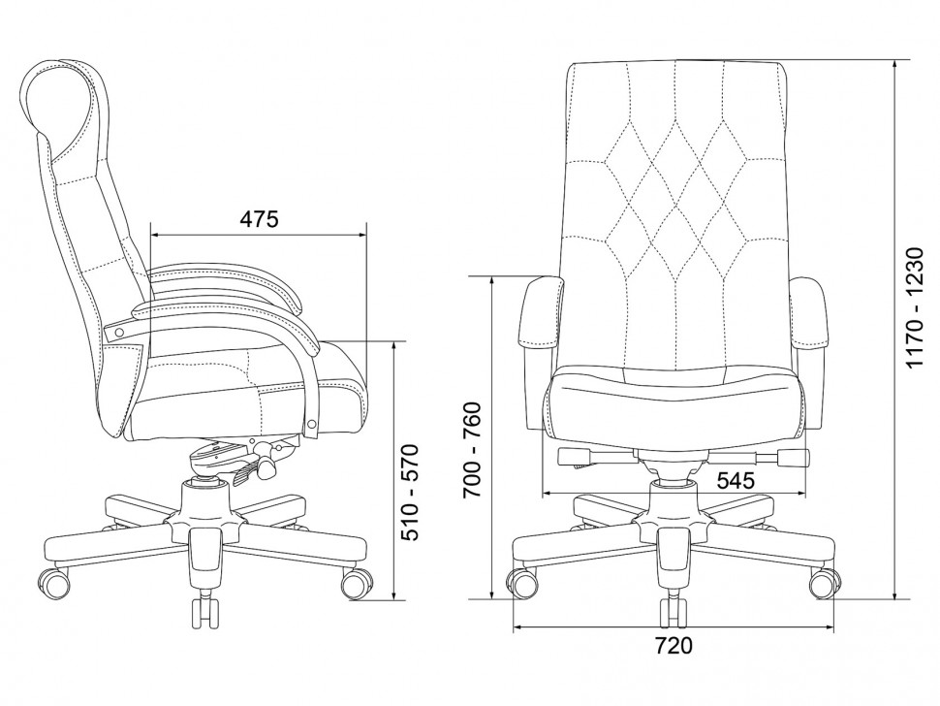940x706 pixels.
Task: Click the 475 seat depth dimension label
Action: click(260, 219)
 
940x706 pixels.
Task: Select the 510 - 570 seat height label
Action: click(411, 492)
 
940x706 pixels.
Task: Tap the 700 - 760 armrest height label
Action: click(472, 450)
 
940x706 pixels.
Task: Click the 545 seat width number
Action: click(736, 480)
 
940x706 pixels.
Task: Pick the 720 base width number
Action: click(673, 646)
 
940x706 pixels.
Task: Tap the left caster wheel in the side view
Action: click(54, 581)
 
